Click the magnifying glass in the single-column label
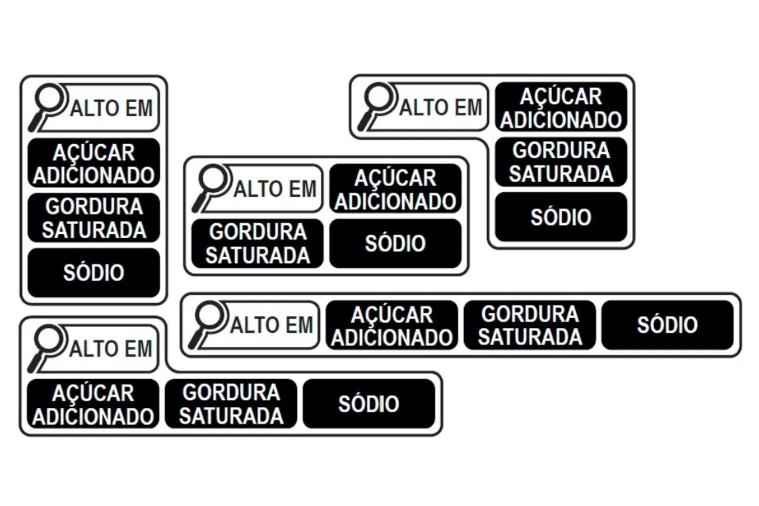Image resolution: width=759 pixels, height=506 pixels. (x=48, y=107)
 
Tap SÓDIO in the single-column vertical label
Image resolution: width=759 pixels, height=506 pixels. (x=94, y=273)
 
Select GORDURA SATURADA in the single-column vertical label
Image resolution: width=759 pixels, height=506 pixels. (x=94, y=218)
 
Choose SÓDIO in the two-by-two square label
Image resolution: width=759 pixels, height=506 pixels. (x=395, y=243)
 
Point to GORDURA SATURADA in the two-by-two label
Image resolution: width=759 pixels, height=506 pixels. (x=258, y=243)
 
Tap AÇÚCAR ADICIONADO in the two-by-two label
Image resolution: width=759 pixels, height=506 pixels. (x=395, y=189)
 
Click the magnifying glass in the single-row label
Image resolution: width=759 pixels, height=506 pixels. (x=207, y=325)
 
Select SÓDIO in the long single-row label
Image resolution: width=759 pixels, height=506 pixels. (x=667, y=325)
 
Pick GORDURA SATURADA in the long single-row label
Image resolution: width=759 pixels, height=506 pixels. (x=530, y=325)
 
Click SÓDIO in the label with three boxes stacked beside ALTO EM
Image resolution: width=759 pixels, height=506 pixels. (x=561, y=217)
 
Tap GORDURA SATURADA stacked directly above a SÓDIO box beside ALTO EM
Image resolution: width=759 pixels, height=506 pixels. (x=561, y=161)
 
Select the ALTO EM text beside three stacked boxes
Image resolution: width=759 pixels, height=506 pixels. (x=441, y=107)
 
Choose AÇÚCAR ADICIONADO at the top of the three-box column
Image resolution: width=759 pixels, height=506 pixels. (x=561, y=107)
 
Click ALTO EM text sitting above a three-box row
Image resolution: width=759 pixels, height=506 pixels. (x=110, y=349)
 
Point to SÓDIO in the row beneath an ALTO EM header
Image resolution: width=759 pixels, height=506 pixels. (x=369, y=403)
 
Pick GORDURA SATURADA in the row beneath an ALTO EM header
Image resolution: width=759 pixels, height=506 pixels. (x=231, y=403)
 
